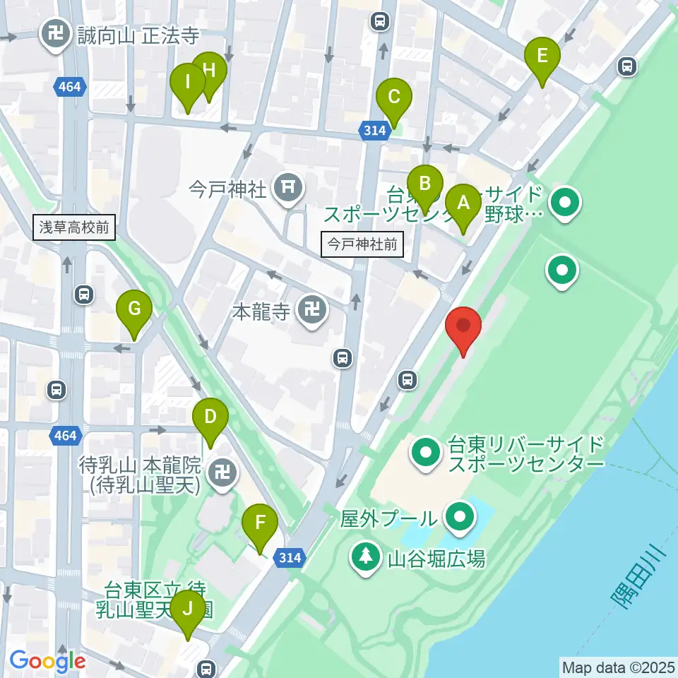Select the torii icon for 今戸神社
point(288,187)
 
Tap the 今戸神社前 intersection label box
point(362,245)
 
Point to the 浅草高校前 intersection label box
point(73,227)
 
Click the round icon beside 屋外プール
point(460,518)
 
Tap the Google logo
point(48,660)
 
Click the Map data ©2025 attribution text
point(618,667)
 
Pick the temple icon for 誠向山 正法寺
point(54,34)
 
